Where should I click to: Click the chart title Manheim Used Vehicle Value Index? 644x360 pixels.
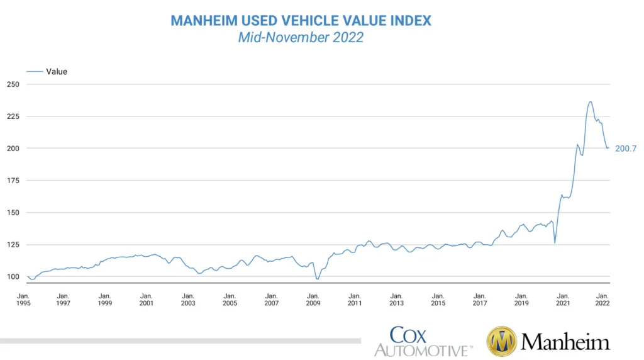(301, 20)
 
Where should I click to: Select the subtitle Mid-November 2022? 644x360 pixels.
(301, 37)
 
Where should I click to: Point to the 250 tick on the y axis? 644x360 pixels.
(13, 84)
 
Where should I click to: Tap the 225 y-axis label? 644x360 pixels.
(13, 116)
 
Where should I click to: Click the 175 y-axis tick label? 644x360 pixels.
(13, 181)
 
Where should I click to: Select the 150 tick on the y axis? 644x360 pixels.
(13, 213)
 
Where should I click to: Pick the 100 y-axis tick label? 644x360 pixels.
(13, 276)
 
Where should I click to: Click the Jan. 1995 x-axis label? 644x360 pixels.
(23, 299)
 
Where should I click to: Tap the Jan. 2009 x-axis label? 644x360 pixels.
(313, 299)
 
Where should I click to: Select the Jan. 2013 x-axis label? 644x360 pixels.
(396, 299)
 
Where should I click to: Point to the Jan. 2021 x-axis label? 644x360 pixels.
(563, 299)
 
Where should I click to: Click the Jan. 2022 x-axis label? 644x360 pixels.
(602, 299)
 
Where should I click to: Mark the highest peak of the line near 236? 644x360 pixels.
(590, 101)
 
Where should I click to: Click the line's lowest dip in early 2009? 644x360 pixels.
(318, 279)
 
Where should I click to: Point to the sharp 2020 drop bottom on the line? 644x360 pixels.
(555, 243)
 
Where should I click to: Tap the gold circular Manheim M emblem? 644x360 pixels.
(502, 342)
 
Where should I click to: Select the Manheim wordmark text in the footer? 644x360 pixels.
(565, 342)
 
